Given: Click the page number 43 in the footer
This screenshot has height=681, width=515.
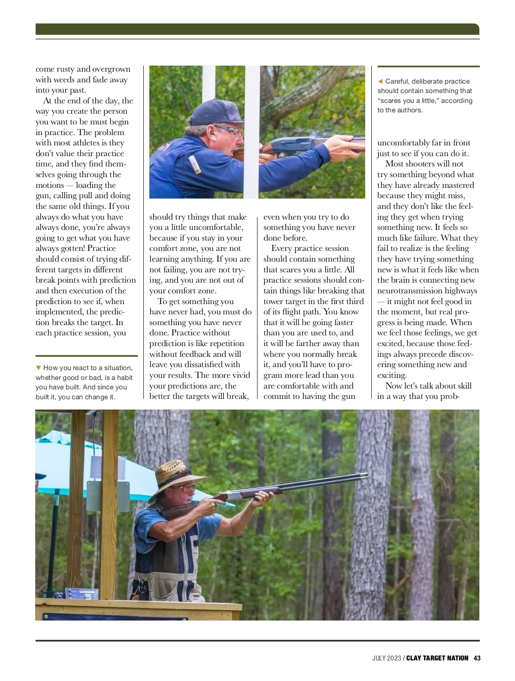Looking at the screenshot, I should pos(477,658).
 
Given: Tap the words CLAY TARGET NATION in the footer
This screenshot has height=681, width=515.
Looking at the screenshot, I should pos(437,658).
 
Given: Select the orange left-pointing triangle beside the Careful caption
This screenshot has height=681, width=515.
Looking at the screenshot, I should pos(380,81).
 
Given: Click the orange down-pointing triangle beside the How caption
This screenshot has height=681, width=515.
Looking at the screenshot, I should pos(39,368).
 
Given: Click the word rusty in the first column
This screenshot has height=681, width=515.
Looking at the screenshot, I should pos(66,69).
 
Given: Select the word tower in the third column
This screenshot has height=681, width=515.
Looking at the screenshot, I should pos(273,301).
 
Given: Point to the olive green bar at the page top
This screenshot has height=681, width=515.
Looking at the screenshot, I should pos(257,29).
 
